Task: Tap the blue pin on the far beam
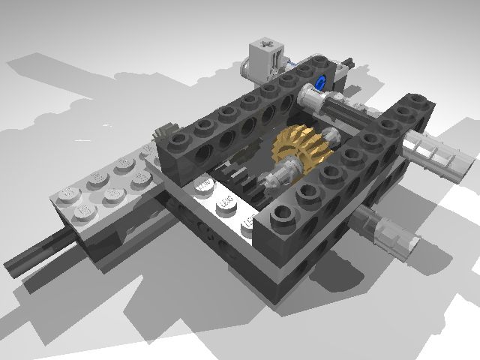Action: (x=322, y=82)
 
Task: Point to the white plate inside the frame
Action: (x=217, y=202)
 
